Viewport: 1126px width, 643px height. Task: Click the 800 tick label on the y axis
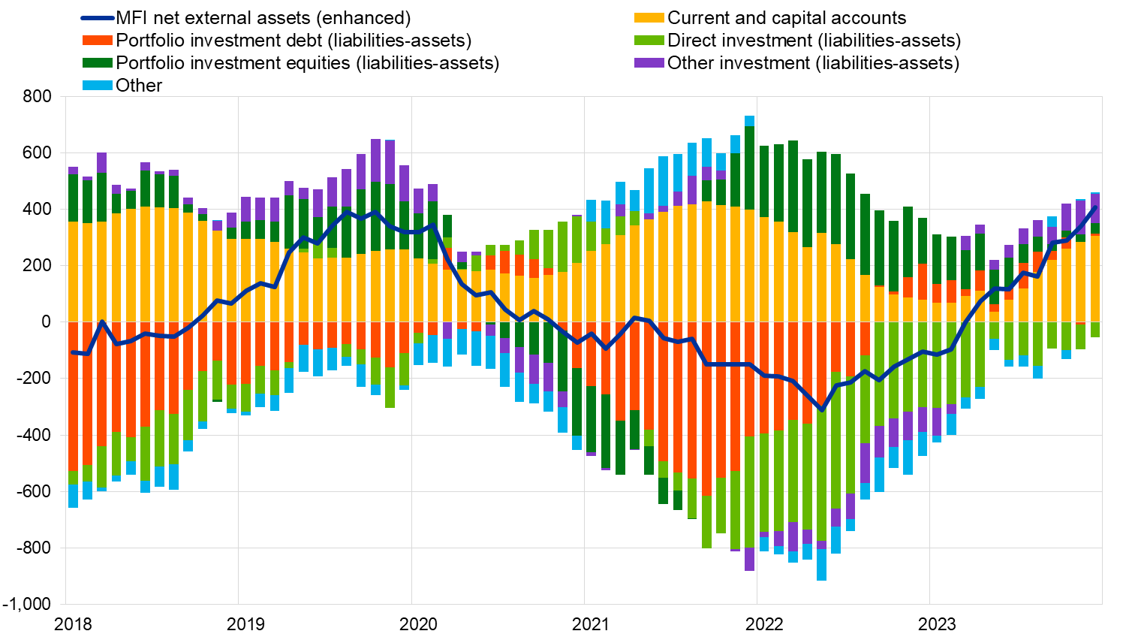[x=37, y=96]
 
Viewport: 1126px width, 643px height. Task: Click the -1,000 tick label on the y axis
[x=27, y=604]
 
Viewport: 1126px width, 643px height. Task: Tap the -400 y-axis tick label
[x=34, y=435]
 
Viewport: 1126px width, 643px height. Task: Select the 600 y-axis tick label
[x=37, y=152]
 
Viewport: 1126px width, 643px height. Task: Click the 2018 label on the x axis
[x=74, y=623]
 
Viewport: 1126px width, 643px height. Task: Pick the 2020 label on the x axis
[x=418, y=623]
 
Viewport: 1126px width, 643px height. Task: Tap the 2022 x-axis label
[x=764, y=623]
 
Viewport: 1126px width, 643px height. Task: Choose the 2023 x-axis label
[x=937, y=623]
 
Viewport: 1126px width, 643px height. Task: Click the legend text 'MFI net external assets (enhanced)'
[x=263, y=18]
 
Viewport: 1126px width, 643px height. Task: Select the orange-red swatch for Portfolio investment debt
[x=97, y=41]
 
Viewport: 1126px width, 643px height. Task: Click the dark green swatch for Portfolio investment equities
[x=97, y=63]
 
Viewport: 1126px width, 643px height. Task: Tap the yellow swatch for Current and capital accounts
[x=649, y=18]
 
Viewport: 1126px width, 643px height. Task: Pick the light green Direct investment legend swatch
[x=649, y=41]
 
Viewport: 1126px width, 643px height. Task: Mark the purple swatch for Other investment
[x=649, y=63]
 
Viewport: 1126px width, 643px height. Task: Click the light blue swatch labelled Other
[x=97, y=86]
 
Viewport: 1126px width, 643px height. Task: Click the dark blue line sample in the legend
[x=97, y=18]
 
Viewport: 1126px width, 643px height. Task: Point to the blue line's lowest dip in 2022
[x=821, y=410]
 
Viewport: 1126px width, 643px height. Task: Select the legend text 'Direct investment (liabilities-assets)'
[x=814, y=41]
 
